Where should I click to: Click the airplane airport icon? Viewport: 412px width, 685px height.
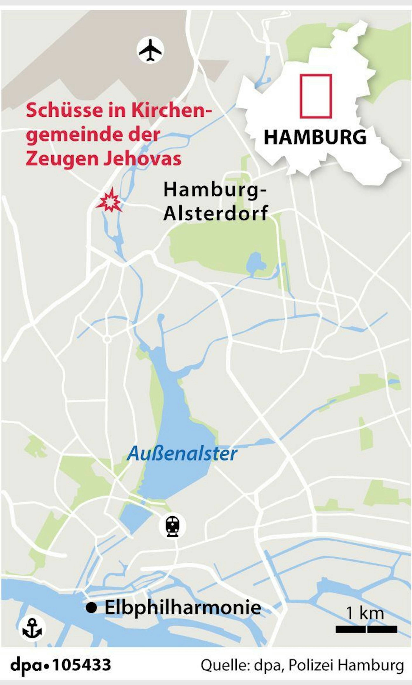[x=150, y=50]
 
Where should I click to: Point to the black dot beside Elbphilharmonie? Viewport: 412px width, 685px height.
[x=91, y=608]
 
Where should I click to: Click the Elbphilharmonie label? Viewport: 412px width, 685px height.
[x=183, y=608]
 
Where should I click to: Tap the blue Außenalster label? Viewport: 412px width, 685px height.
[x=182, y=454]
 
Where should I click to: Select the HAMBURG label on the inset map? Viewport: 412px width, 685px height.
[x=315, y=137]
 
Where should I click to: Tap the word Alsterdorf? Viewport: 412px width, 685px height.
[x=216, y=213]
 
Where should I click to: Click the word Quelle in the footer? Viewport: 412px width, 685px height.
[x=224, y=665]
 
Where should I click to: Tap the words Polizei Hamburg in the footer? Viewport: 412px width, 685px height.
[x=346, y=665]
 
